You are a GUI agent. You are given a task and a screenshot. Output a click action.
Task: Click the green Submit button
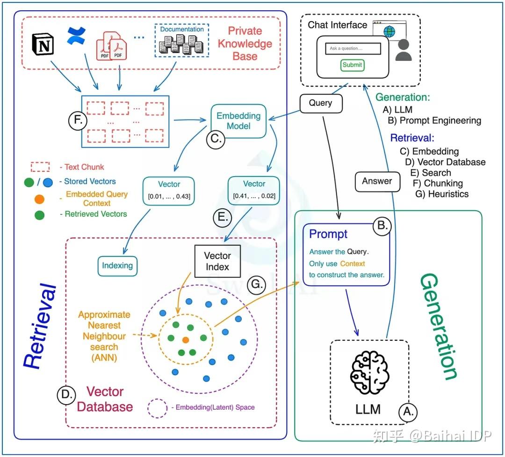click(x=352, y=65)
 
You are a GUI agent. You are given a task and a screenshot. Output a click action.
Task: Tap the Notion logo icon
click(x=43, y=44)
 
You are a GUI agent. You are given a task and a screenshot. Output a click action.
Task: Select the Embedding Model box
click(x=238, y=121)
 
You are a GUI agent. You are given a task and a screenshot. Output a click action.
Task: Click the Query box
click(x=321, y=103)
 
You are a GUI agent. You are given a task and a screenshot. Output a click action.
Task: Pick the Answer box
click(x=377, y=182)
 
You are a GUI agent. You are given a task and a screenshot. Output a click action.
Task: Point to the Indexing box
click(x=117, y=266)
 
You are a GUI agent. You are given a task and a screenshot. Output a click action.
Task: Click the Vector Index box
click(x=217, y=261)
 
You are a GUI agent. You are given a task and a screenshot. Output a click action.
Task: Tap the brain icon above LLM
click(x=369, y=373)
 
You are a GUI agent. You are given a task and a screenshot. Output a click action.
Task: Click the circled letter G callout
click(x=256, y=285)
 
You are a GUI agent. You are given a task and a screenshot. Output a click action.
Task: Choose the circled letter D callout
click(x=66, y=395)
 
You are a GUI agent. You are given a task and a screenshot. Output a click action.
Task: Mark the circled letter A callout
click(x=408, y=412)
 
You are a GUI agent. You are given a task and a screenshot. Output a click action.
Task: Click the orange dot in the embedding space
click(x=186, y=339)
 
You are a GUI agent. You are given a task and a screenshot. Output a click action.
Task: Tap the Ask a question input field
click(x=353, y=48)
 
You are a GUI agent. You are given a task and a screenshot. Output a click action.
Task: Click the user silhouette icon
click(x=403, y=50)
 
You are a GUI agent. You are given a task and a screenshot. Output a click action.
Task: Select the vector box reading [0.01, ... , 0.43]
click(x=169, y=191)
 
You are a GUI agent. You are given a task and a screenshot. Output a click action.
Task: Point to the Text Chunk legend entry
click(x=68, y=167)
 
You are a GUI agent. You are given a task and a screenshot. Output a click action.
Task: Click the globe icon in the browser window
click(x=390, y=32)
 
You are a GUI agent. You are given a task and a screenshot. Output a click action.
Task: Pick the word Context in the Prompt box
click(x=353, y=264)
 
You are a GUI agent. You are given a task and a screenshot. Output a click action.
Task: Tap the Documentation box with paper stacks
click(x=182, y=40)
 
